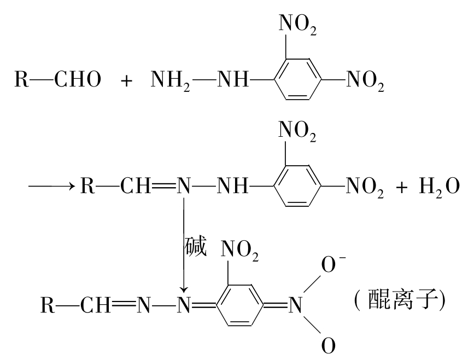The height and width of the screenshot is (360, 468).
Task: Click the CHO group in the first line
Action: coord(78,79)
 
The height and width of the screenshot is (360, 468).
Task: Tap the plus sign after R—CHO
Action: coord(126,80)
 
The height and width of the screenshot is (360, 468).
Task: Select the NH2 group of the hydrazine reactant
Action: coord(171,80)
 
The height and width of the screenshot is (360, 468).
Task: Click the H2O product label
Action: coord(439,187)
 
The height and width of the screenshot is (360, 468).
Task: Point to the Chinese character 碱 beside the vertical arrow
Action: coord(196,246)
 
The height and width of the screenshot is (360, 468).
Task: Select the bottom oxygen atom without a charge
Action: coord(328,345)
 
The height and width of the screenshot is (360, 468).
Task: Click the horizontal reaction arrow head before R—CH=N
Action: coord(72,187)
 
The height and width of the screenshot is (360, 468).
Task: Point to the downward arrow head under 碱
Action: coord(184,289)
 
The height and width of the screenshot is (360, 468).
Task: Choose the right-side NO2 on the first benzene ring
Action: coord(365,80)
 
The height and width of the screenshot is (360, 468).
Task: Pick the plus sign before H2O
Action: coord(402,187)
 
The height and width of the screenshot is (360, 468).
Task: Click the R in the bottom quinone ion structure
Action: coord(48,305)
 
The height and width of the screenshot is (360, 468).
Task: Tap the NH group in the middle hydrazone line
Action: coord(233,186)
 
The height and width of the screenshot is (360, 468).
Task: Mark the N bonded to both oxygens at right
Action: coord(295,305)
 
